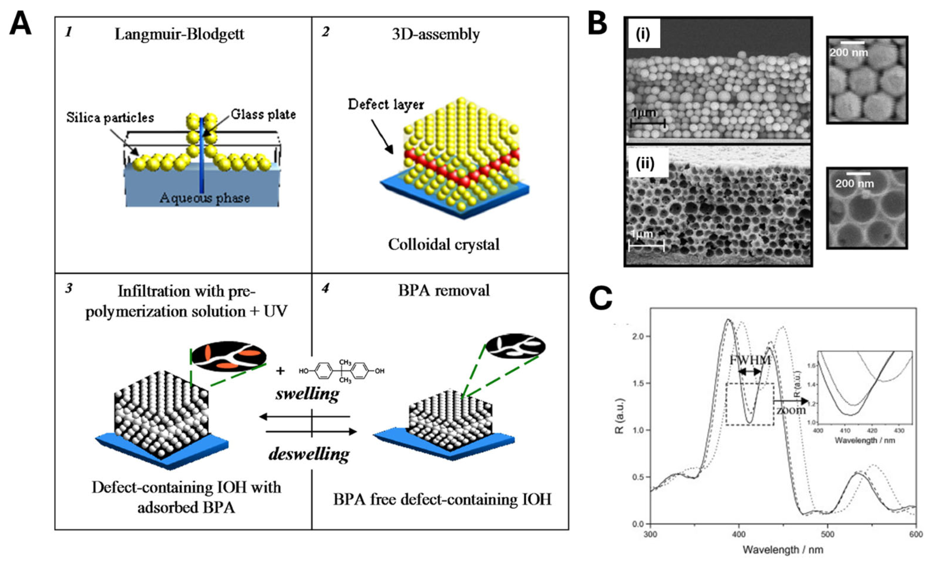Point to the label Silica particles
point(110,118)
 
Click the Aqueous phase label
point(205,198)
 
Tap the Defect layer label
point(386,105)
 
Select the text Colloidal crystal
point(444,244)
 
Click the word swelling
point(307,394)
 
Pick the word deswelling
point(309,454)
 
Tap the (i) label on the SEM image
point(643,34)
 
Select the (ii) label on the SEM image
point(645,164)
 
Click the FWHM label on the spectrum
point(750,360)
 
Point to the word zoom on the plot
point(791,409)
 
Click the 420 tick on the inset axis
point(872,431)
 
